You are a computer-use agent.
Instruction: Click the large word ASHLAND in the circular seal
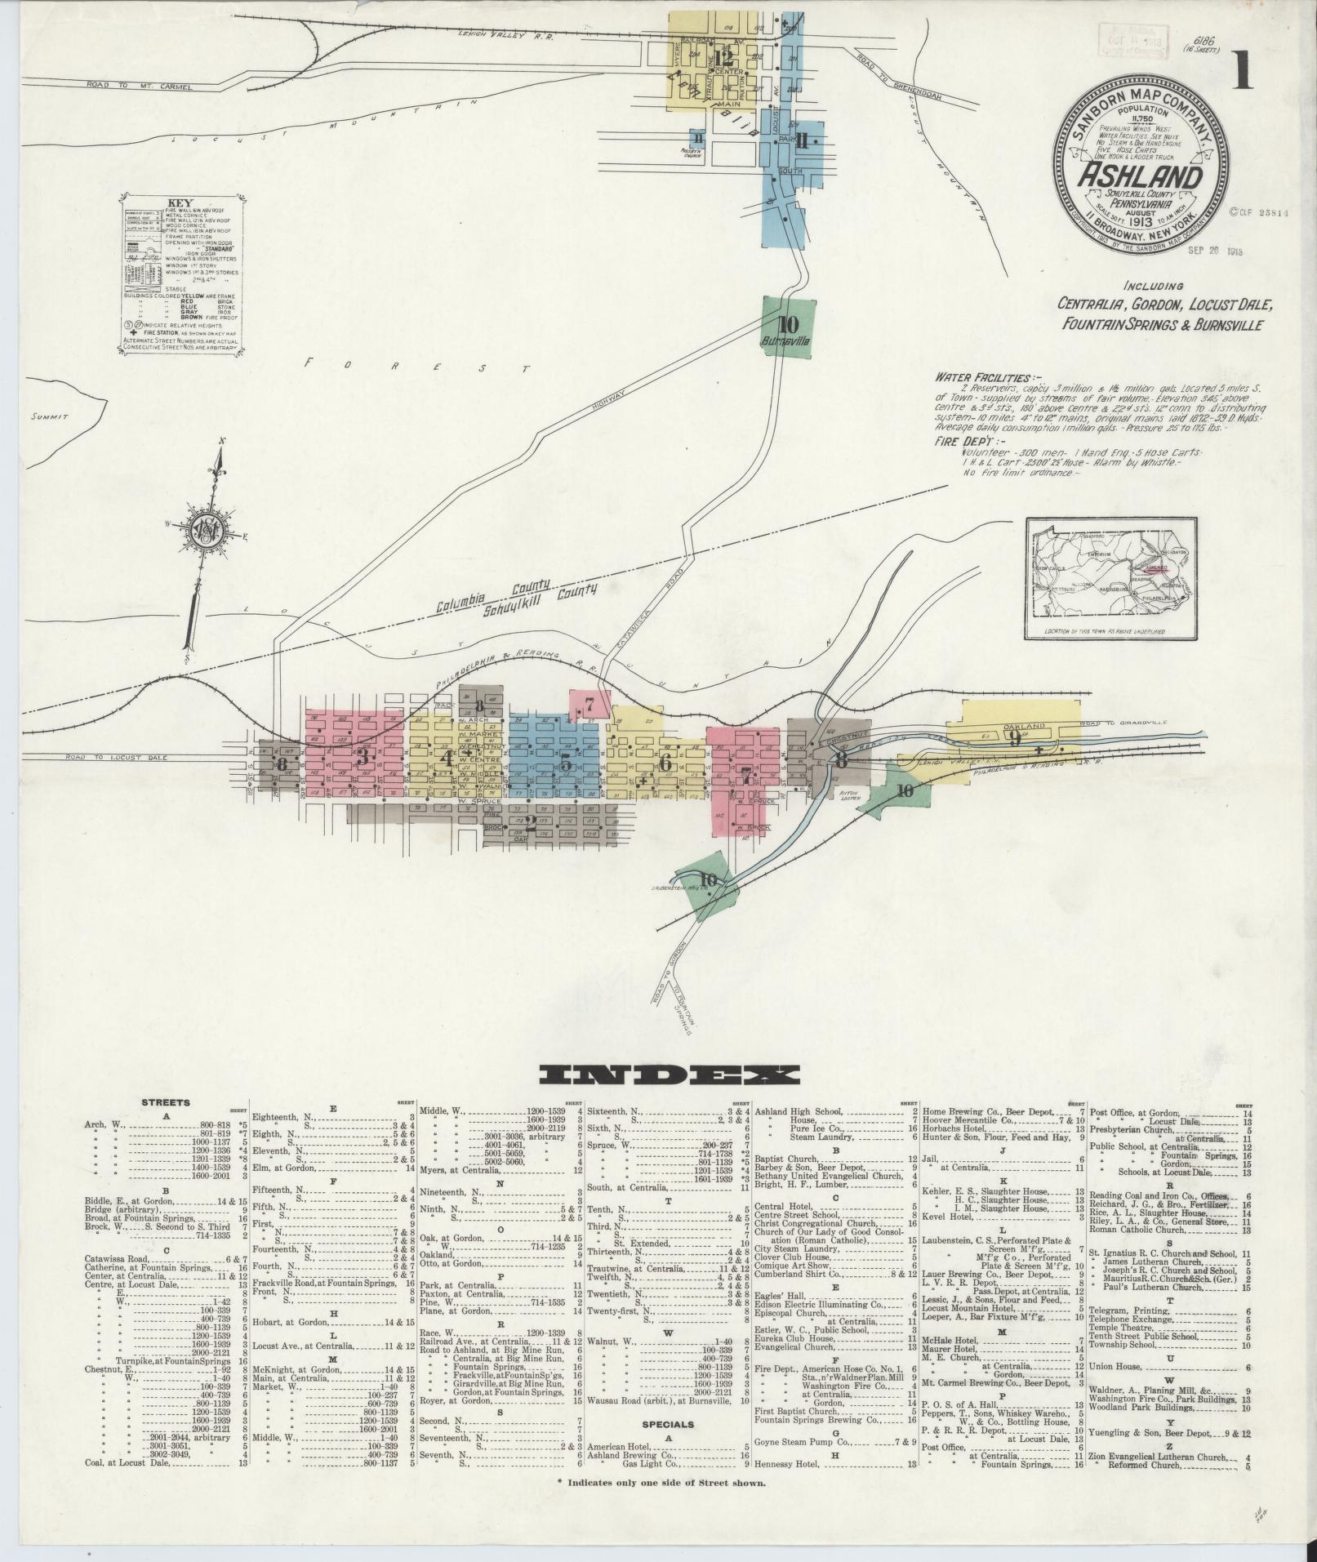(x=1141, y=177)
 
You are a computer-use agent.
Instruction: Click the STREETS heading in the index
(x=166, y=1102)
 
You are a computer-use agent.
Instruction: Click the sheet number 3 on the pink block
(x=360, y=756)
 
